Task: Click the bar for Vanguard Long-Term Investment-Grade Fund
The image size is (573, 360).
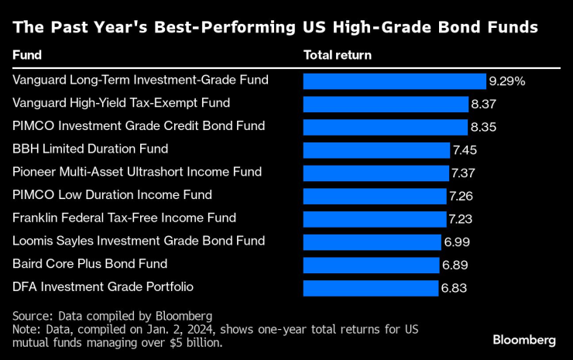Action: pos(394,81)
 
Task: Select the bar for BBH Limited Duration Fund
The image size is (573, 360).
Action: pos(376,150)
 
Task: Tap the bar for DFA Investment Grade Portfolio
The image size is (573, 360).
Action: pos(370,288)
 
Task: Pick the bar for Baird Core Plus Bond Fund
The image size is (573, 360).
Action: pos(371,266)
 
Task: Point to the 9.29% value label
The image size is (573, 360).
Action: pos(507,81)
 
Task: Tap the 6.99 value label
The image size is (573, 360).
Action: pos(456,242)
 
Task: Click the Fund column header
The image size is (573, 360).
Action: pos(27,56)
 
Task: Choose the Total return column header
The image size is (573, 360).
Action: pos(338,56)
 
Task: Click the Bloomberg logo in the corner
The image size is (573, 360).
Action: pos(524,340)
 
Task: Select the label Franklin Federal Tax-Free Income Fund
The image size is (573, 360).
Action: pos(125,218)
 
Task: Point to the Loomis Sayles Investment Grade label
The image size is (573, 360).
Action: pos(129,241)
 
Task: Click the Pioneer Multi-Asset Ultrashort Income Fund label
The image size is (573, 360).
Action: pos(137,171)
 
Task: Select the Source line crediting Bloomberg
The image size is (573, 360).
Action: pos(112,315)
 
